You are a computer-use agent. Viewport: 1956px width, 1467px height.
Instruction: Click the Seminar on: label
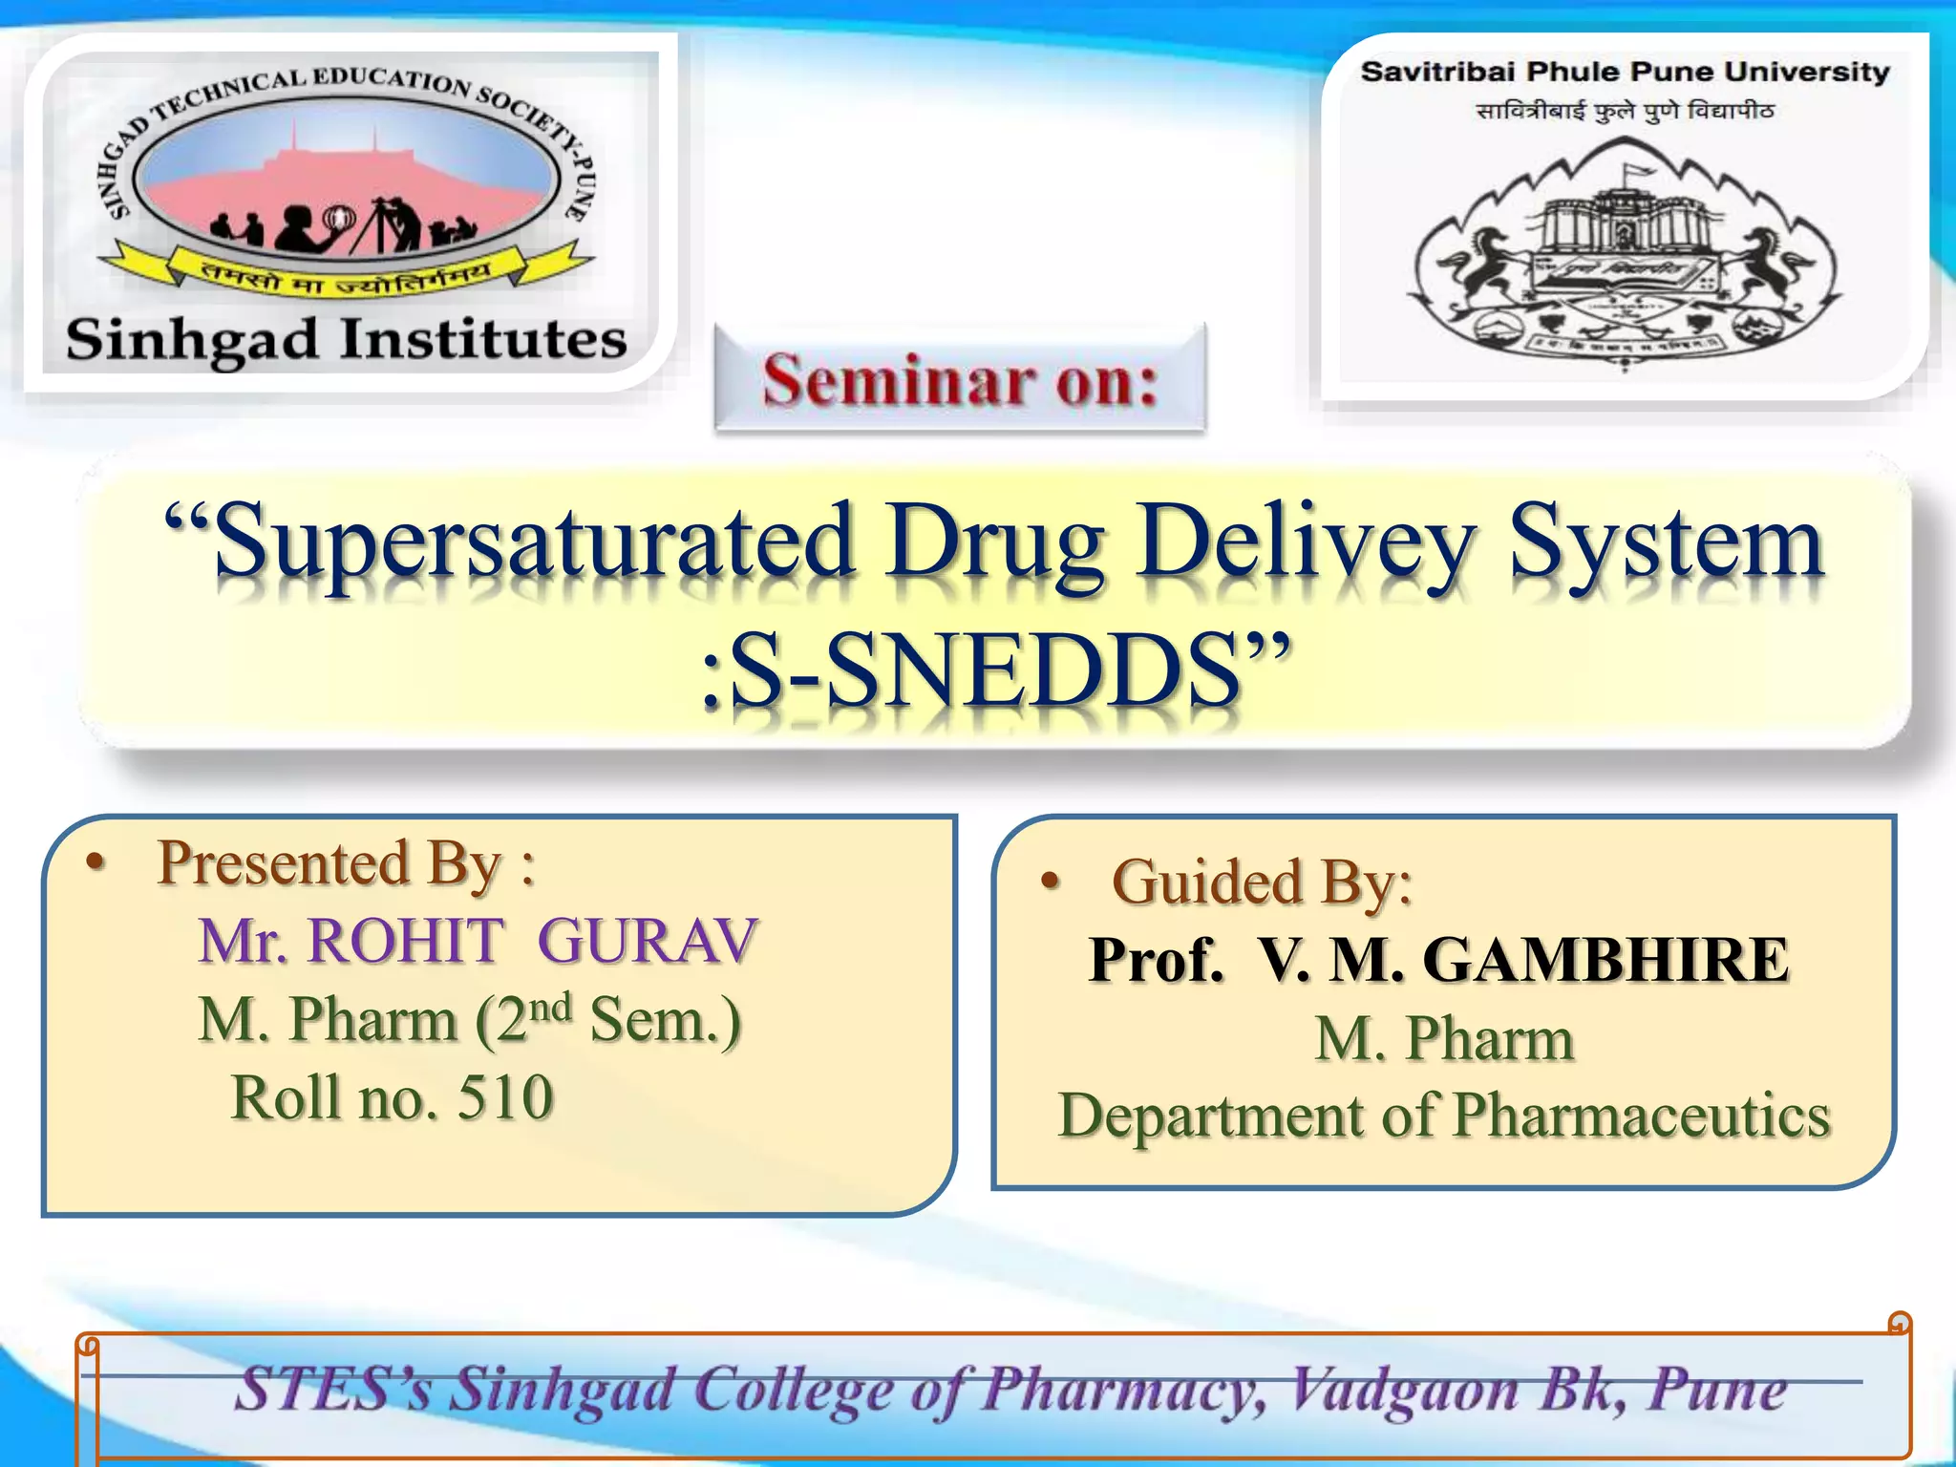tap(960, 380)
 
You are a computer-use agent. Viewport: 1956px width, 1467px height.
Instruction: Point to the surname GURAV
tap(648, 941)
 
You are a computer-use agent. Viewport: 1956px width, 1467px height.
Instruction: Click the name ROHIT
tap(406, 941)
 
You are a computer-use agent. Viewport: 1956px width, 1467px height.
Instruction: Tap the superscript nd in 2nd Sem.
tap(550, 1007)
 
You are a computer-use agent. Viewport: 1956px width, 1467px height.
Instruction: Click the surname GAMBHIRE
tap(1605, 959)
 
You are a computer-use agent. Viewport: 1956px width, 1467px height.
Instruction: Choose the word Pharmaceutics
tap(1641, 1116)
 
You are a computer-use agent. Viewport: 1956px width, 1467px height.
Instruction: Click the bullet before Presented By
tap(95, 862)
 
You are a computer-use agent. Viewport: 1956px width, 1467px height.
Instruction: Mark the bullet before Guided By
tap(1051, 881)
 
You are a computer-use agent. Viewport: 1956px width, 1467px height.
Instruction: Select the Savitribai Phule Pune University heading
tap(1625, 72)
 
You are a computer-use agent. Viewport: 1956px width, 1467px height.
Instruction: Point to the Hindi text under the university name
tap(1625, 112)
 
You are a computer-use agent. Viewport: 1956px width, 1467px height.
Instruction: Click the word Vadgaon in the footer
tap(1404, 1390)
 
